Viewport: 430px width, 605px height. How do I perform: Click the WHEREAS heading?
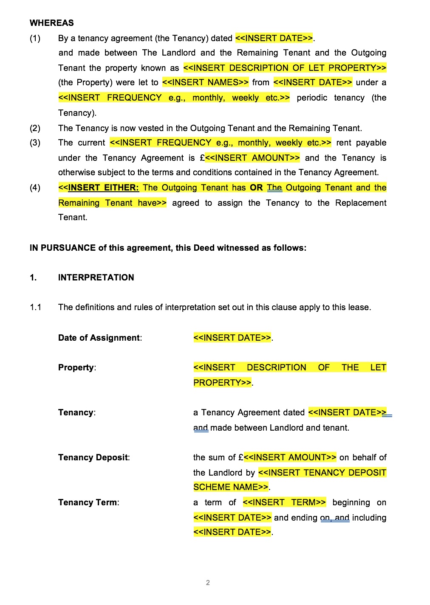tap(51, 23)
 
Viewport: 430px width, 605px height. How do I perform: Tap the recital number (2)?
tap(35, 128)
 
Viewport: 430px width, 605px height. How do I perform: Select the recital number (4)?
tap(35, 188)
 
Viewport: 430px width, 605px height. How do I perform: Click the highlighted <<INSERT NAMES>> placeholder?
tap(205, 82)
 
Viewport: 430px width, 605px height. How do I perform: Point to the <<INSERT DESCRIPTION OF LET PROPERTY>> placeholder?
tap(285, 68)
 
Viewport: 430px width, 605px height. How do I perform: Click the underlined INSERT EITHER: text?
tap(103, 188)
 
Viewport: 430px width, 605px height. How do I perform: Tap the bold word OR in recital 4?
tap(256, 188)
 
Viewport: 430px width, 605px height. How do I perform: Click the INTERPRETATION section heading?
tap(96, 277)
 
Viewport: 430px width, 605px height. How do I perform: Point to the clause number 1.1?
tap(36, 307)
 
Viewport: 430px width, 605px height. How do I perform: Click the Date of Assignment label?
tap(99, 338)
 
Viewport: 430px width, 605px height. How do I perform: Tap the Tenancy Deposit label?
tap(93, 457)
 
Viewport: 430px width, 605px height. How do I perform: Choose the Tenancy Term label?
tap(88, 502)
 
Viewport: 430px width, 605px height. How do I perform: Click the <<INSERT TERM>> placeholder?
tap(284, 502)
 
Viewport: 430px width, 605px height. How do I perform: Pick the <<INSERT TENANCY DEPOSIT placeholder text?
tap(322, 473)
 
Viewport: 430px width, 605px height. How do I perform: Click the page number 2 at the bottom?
tap(208, 583)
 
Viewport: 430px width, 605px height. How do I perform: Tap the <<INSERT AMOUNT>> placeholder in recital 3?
tap(252, 158)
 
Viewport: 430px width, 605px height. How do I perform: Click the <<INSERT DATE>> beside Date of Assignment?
tap(232, 338)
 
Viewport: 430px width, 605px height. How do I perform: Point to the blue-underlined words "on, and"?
tap(335, 518)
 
